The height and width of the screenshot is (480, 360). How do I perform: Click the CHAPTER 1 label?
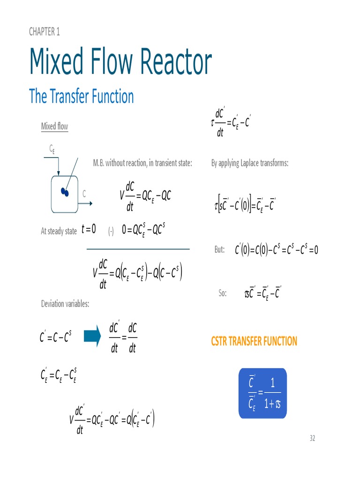(44, 32)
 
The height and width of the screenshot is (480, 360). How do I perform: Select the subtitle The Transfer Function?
(81, 97)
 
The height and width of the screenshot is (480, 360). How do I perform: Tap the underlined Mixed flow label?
(54, 127)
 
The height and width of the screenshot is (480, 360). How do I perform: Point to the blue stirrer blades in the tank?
(65, 192)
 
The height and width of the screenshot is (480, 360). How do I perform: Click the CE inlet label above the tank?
(53, 149)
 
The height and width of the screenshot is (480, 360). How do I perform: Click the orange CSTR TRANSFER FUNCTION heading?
(254, 341)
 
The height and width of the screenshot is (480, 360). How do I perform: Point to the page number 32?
(312, 438)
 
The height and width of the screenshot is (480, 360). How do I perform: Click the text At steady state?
(59, 231)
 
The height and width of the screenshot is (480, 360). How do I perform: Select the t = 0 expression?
(89, 229)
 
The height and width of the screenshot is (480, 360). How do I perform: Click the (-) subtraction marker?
(111, 231)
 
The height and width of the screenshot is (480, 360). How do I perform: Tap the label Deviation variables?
(65, 304)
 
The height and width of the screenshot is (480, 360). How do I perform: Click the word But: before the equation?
(219, 250)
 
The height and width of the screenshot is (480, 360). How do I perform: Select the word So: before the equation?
(223, 293)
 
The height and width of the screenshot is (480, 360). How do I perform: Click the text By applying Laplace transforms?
(249, 163)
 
